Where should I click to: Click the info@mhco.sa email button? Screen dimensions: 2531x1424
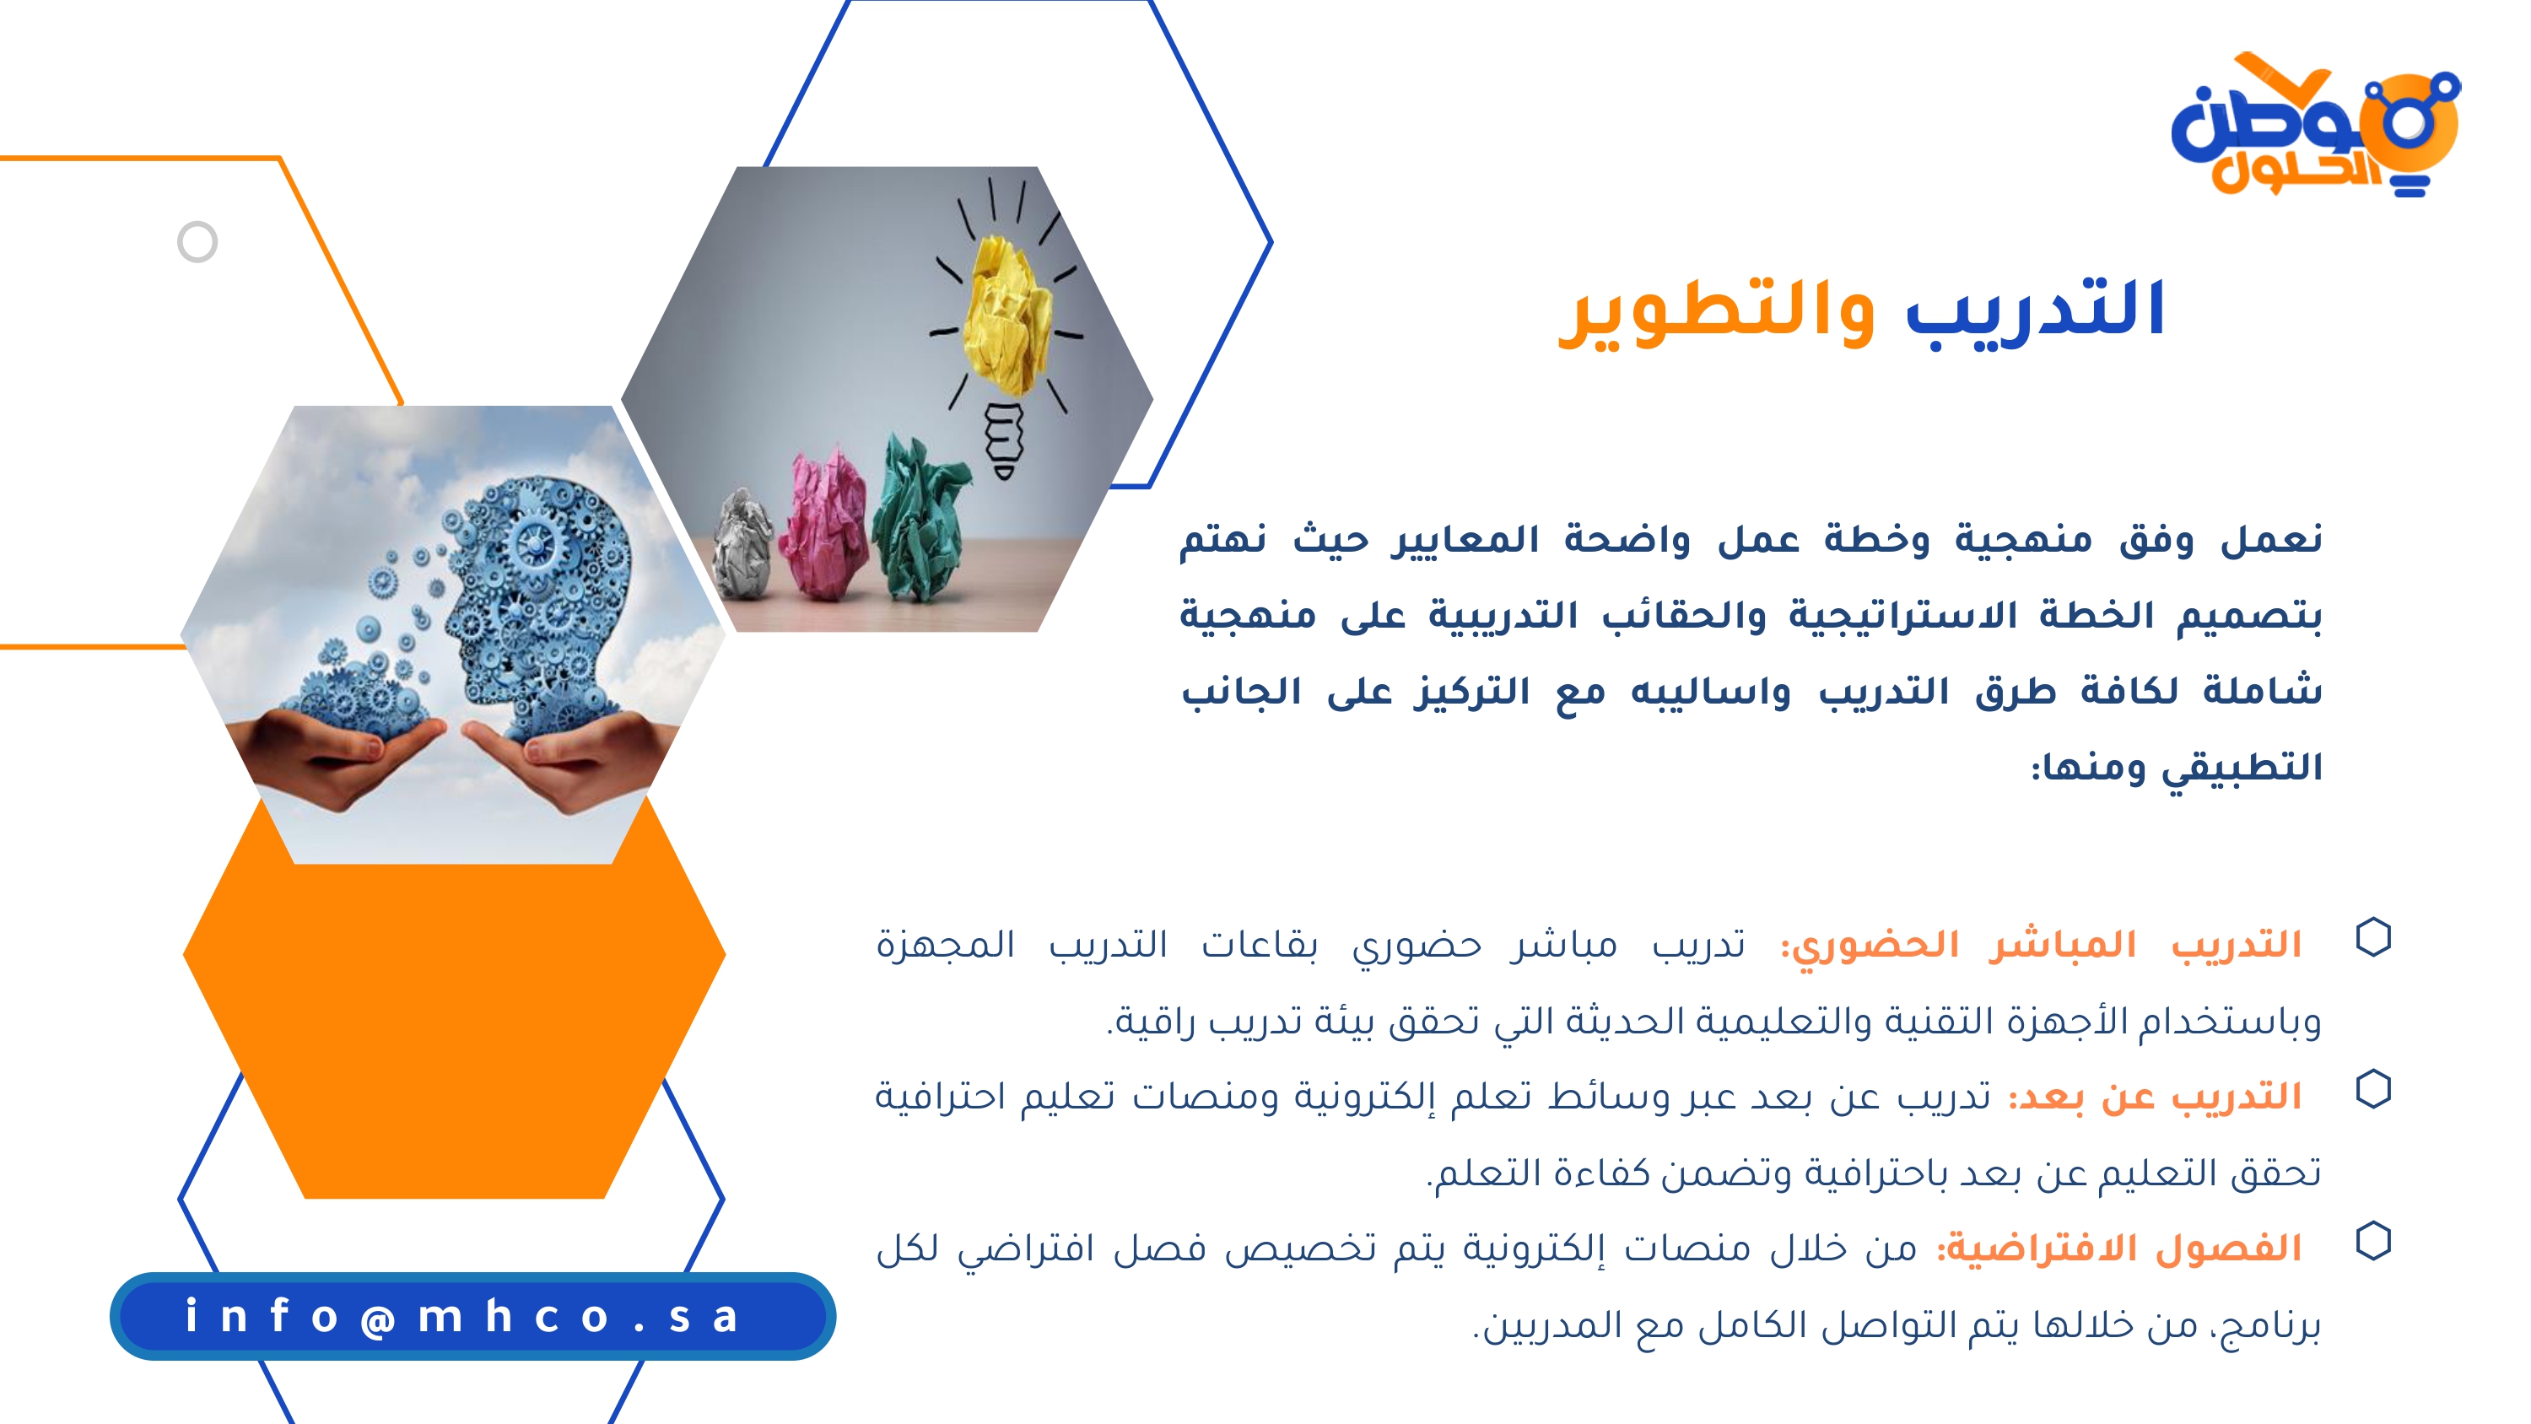[x=472, y=1316]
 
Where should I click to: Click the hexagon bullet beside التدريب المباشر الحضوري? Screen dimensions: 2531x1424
[x=2374, y=937]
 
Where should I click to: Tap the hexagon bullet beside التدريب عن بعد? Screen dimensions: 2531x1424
[x=2374, y=1089]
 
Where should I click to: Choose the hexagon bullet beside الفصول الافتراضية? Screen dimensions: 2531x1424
[x=2374, y=1241]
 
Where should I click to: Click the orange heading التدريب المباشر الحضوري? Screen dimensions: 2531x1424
[x=2042, y=946]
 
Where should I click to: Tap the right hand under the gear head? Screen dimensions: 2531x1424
[x=569, y=757]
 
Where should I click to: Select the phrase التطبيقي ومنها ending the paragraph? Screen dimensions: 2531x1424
[x=2178, y=768]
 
